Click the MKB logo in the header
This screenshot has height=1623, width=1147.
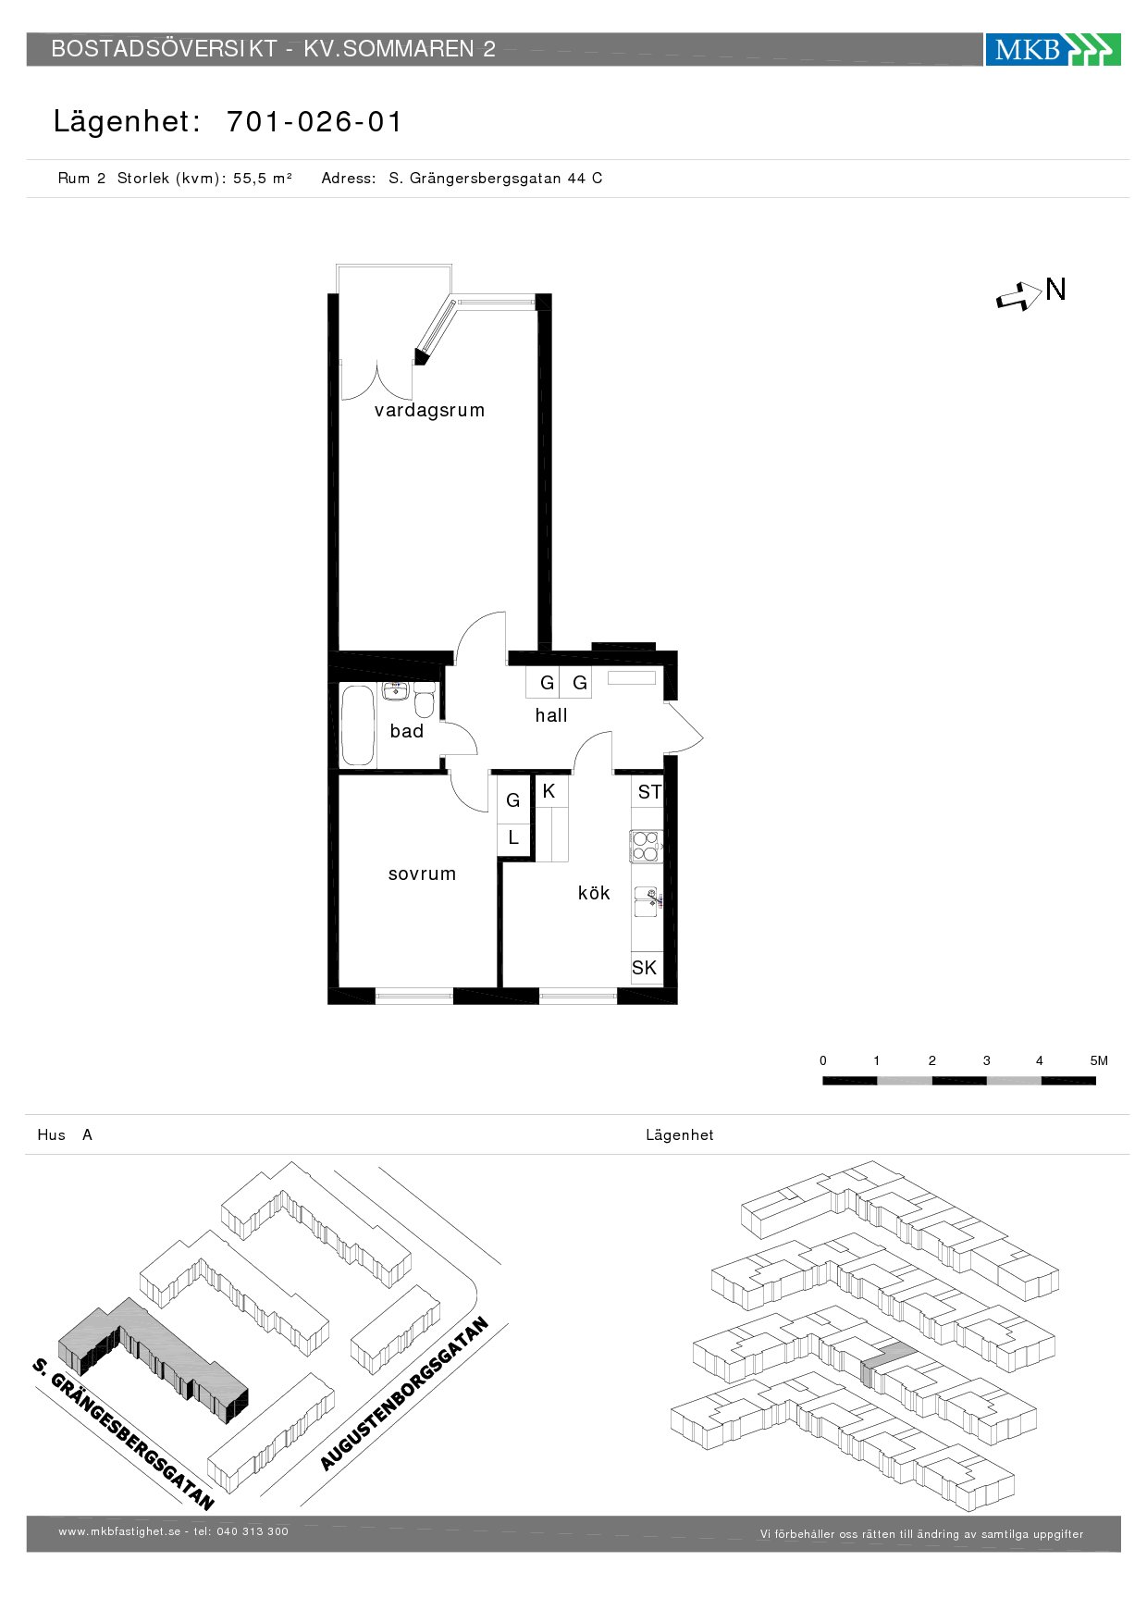1053,49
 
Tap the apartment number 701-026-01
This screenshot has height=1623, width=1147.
314,121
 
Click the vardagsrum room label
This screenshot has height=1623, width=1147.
429,411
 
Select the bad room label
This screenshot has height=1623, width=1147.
407,731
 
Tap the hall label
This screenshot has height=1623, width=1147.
551,715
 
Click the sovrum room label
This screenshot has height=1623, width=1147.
422,874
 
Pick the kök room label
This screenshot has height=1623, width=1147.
594,893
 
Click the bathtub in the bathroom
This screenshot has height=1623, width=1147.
358,725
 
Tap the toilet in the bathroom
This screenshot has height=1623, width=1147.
425,700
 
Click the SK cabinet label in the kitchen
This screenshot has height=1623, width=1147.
645,968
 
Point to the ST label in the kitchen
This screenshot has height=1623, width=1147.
650,792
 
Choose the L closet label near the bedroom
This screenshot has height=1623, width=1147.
513,837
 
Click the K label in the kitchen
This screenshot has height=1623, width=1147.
549,791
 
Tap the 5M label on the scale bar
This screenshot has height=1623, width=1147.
1099,1060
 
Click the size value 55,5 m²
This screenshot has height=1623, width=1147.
263,179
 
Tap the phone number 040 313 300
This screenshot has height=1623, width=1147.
253,1531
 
